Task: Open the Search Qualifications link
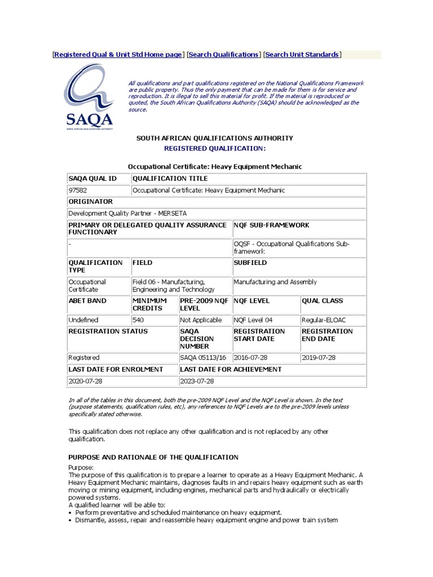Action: (x=223, y=55)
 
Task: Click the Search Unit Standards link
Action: (x=302, y=55)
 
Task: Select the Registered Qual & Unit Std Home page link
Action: (x=118, y=55)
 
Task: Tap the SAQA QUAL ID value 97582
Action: (x=78, y=190)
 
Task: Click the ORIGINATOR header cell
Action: (x=90, y=202)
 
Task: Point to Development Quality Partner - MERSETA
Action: (x=127, y=214)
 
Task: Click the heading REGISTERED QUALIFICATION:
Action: (x=214, y=148)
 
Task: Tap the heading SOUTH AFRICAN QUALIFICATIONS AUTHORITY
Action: (x=215, y=138)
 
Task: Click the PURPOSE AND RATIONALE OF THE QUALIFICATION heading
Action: (x=153, y=457)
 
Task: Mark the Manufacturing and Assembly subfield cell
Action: (x=275, y=282)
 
